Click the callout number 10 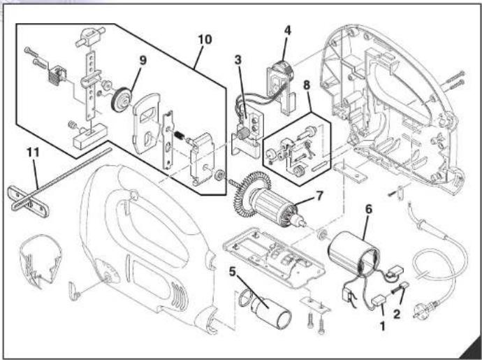205,39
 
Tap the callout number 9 143,60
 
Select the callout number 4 287,30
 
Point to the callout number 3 238,60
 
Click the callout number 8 307,85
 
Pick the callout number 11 34,152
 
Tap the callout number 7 320,196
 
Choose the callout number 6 369,209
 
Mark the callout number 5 233,271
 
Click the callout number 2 397,314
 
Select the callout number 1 382,326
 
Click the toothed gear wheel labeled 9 121,100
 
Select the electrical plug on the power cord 425,308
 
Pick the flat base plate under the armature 274,258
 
